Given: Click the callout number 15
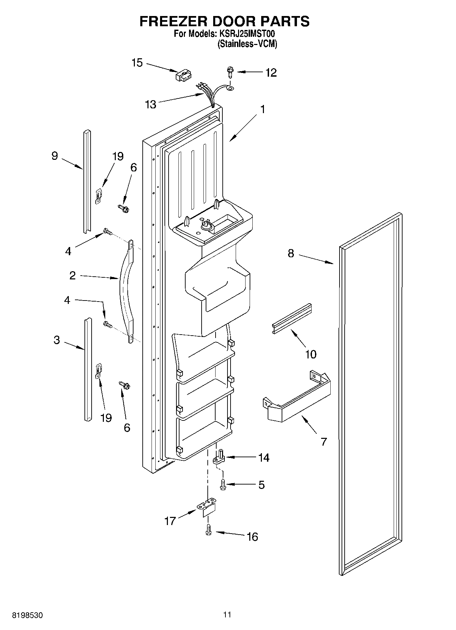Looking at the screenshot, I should tap(137, 63).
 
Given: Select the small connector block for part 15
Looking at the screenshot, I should tap(184, 76).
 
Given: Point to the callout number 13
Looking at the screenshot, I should tap(151, 104).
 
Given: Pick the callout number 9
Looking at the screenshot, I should tap(54, 156).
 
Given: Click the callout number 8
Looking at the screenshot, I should tap(290, 253).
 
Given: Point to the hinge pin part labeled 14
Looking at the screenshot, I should tap(220, 457).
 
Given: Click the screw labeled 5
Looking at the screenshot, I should tap(223, 484).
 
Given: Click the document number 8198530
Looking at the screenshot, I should tap(28, 616).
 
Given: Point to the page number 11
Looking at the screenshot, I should tap(227, 615).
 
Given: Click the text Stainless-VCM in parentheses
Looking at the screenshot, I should tap(247, 44).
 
